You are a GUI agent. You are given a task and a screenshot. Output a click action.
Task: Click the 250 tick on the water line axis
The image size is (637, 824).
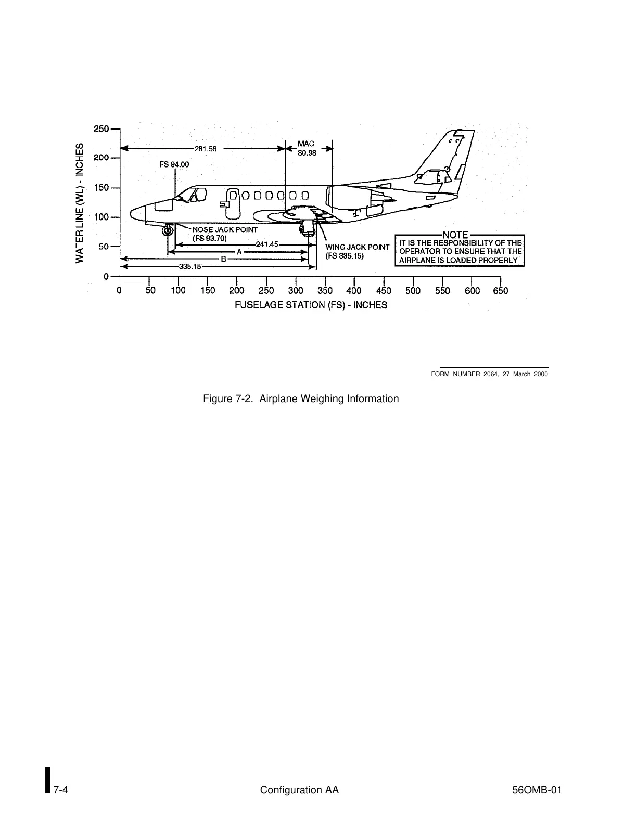101,128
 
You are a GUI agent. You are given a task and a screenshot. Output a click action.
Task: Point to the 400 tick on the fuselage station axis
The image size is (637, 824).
354,291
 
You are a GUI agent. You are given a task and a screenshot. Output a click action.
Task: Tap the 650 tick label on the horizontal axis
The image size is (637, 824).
500,291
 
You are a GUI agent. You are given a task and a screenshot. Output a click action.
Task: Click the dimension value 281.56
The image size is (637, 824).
205,148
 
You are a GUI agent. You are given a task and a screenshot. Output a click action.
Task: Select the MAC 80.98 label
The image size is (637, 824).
307,148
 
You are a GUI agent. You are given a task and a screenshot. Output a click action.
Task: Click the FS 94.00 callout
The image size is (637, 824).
174,164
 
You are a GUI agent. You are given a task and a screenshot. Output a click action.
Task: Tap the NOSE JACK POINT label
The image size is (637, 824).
225,229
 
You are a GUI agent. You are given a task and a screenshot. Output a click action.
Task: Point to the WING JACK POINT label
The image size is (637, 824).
357,247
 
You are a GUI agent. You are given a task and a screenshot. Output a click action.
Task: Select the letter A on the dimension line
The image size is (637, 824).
239,252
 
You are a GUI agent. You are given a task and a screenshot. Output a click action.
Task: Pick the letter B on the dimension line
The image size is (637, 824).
223,259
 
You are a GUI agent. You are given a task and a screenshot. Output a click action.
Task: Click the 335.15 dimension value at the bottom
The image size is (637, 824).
190,267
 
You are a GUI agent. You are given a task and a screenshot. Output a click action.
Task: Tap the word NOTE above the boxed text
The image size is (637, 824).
455,235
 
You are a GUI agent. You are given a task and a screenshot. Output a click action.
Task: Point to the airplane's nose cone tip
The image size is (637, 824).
132,213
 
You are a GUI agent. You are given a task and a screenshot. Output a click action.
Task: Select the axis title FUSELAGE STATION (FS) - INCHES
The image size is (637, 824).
311,305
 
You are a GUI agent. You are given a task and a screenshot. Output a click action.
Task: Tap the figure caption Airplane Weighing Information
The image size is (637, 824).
301,399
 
